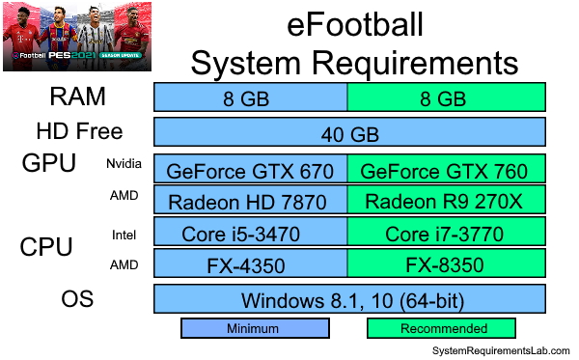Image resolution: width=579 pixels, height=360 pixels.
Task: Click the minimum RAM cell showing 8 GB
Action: (251, 97)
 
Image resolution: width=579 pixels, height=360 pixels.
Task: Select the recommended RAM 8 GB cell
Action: (445, 97)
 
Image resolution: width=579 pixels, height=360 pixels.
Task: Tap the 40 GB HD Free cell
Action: (349, 132)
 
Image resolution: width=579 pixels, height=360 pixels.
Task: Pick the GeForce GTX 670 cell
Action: (251, 171)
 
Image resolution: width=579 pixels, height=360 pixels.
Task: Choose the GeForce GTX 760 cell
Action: (445, 171)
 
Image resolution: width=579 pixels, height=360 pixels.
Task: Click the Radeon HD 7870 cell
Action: (251, 202)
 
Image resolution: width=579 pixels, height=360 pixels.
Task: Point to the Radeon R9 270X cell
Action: (445, 202)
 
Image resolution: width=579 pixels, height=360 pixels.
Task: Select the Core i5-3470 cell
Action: (251, 235)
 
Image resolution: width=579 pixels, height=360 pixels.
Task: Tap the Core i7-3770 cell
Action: (445, 235)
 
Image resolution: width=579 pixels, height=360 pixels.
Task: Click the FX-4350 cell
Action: (251, 263)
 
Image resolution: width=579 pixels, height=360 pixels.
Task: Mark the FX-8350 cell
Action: (445, 263)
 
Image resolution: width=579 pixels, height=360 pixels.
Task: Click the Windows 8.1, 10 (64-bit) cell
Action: (349, 297)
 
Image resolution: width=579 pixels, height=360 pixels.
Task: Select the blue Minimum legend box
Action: (252, 328)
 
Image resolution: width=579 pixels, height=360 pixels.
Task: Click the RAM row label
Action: (77, 97)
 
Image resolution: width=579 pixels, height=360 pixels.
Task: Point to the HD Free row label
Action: (77, 131)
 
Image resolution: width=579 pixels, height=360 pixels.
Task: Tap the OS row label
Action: (77, 297)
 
